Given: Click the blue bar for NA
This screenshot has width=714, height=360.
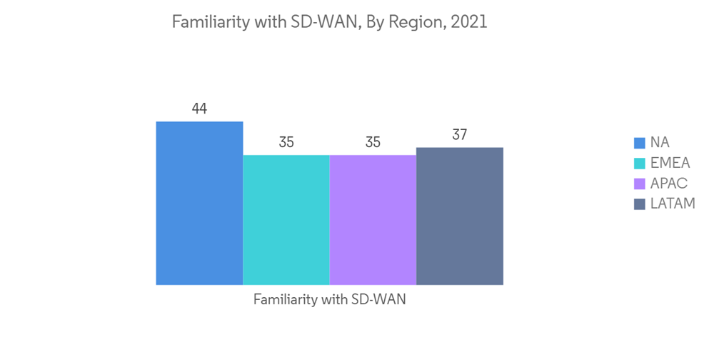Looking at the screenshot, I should (x=199, y=203).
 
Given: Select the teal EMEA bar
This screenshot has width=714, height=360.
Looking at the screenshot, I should (x=286, y=219).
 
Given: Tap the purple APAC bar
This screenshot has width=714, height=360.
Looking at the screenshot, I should (x=373, y=219).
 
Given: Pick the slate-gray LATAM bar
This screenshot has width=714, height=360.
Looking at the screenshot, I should (x=460, y=216).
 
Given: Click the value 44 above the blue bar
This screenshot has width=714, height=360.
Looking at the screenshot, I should (x=199, y=109).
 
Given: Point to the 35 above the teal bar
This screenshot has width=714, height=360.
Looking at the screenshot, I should (x=286, y=142).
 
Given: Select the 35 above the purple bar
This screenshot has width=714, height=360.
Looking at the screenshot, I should (x=373, y=142).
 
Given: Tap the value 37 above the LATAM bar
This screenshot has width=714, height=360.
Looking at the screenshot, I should (x=460, y=135).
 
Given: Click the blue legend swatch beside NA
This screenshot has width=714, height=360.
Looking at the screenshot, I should (x=639, y=143).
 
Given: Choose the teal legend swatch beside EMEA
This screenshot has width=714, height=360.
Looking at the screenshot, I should (x=639, y=164).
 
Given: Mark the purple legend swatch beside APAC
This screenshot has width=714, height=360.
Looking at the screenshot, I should (x=639, y=184).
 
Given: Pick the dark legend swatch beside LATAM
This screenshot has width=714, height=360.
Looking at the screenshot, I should (x=639, y=204).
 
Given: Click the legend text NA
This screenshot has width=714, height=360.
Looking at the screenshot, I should (x=660, y=143).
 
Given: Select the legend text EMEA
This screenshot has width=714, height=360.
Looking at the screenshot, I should (x=670, y=164).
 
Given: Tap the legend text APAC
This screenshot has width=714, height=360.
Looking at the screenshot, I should (x=669, y=184).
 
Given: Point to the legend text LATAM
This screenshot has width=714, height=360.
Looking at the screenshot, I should (x=673, y=204).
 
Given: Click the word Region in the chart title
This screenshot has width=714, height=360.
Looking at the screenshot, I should (x=416, y=23).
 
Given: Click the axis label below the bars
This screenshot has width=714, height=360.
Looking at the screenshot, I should (x=329, y=300).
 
